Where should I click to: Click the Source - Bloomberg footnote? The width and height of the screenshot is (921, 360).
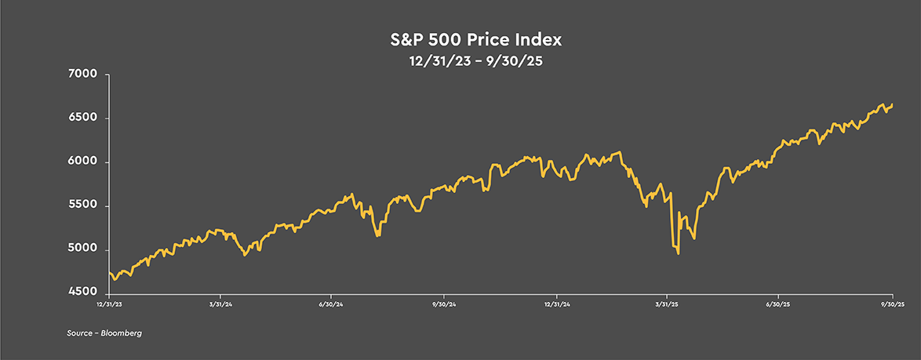click(98, 333)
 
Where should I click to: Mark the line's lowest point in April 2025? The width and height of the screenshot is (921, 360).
click(678, 253)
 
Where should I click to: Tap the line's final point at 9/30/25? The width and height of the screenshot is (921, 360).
click(893, 104)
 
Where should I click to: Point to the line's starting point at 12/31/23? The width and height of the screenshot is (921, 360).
click(109, 271)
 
